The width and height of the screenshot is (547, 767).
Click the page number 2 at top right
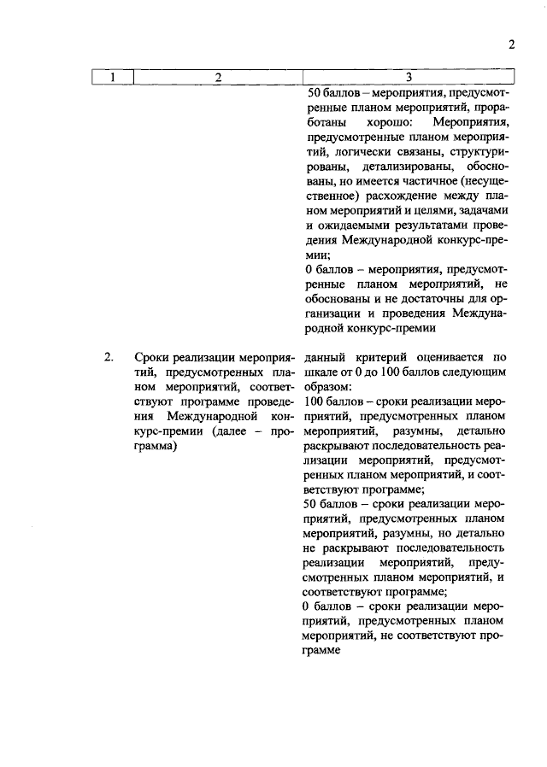512,44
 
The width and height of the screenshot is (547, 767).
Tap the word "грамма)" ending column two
155,448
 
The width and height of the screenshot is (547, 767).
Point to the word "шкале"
322,372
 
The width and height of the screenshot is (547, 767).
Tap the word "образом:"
327,387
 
